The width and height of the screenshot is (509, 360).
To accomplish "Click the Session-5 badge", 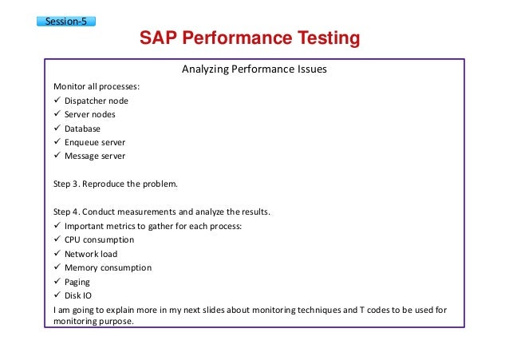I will click(66, 21).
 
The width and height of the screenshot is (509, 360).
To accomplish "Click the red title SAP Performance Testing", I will click(250, 38).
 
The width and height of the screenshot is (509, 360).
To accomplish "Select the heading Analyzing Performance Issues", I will click(254, 69).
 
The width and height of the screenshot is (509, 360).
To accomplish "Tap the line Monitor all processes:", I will click(97, 86).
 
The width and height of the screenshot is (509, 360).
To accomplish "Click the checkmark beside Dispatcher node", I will click(57, 101).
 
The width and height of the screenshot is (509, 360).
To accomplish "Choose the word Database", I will click(83, 128).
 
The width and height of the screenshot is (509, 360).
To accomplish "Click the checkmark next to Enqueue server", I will click(57, 142).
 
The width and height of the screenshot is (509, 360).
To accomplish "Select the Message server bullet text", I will click(95, 156).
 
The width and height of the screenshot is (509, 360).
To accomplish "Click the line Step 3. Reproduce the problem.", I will click(115, 184).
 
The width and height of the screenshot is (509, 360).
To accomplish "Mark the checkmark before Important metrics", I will click(57, 226).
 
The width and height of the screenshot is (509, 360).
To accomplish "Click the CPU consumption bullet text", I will click(99, 239).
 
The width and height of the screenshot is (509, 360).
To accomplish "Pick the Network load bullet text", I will click(91, 254).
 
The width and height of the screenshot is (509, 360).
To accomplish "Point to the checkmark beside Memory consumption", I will click(57, 267).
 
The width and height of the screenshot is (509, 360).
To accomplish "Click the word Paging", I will click(77, 282).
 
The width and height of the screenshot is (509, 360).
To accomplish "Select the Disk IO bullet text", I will click(79, 295).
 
